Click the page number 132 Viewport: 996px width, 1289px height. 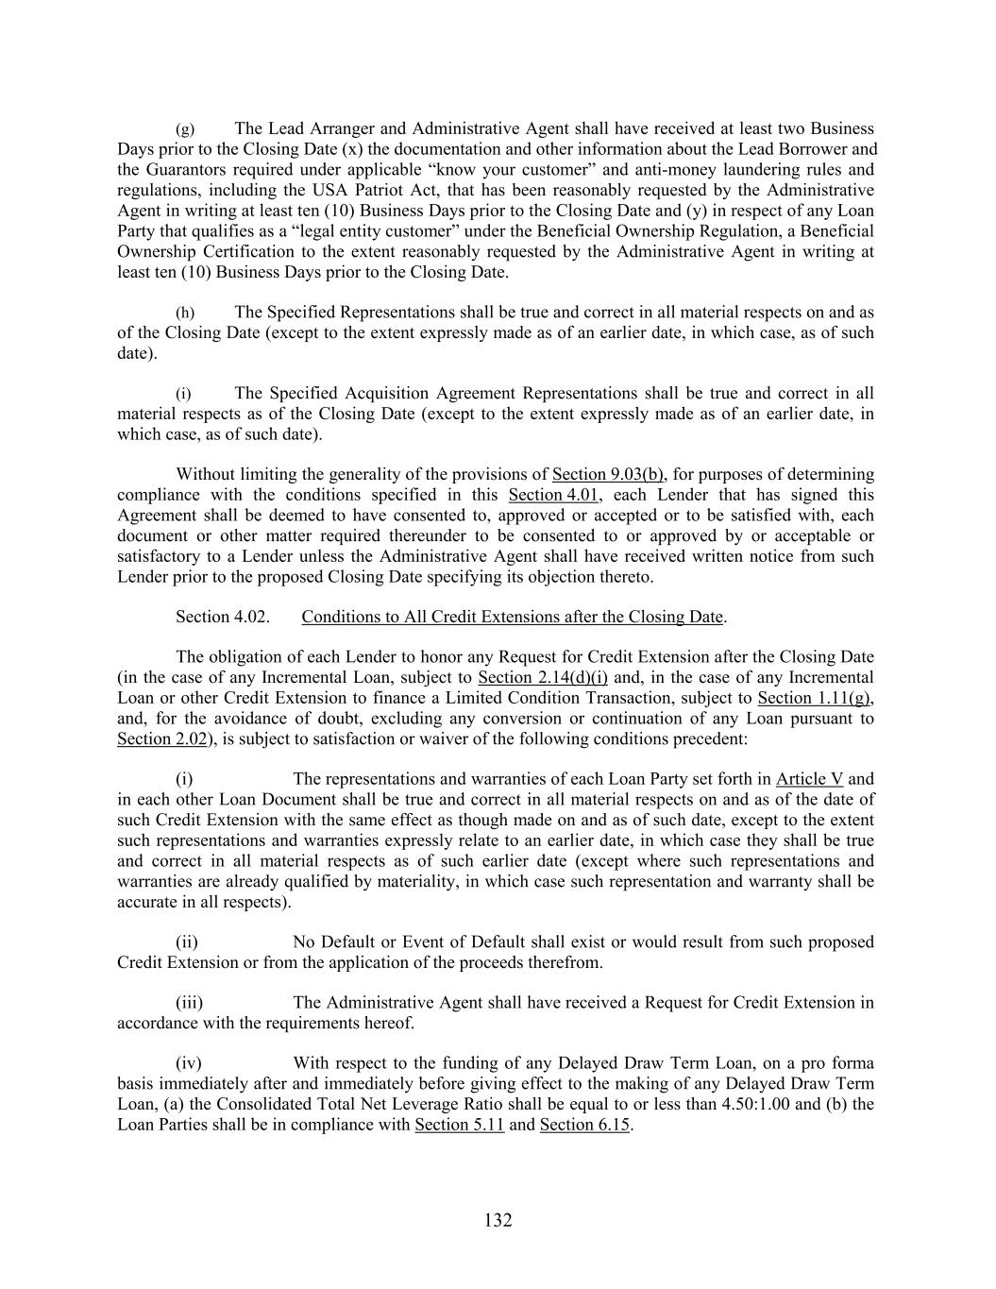coord(498,1220)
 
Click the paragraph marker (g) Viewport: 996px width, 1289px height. coord(185,128)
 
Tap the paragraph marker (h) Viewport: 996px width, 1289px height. coord(185,313)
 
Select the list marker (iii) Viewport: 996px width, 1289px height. coord(189,1003)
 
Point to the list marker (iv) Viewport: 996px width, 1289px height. coord(189,1063)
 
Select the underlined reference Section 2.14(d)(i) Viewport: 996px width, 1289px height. coord(543,677)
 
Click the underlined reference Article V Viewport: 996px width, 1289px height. coord(809,779)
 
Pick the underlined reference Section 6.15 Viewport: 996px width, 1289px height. coord(584,1125)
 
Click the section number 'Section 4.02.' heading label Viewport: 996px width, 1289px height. coord(223,617)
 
